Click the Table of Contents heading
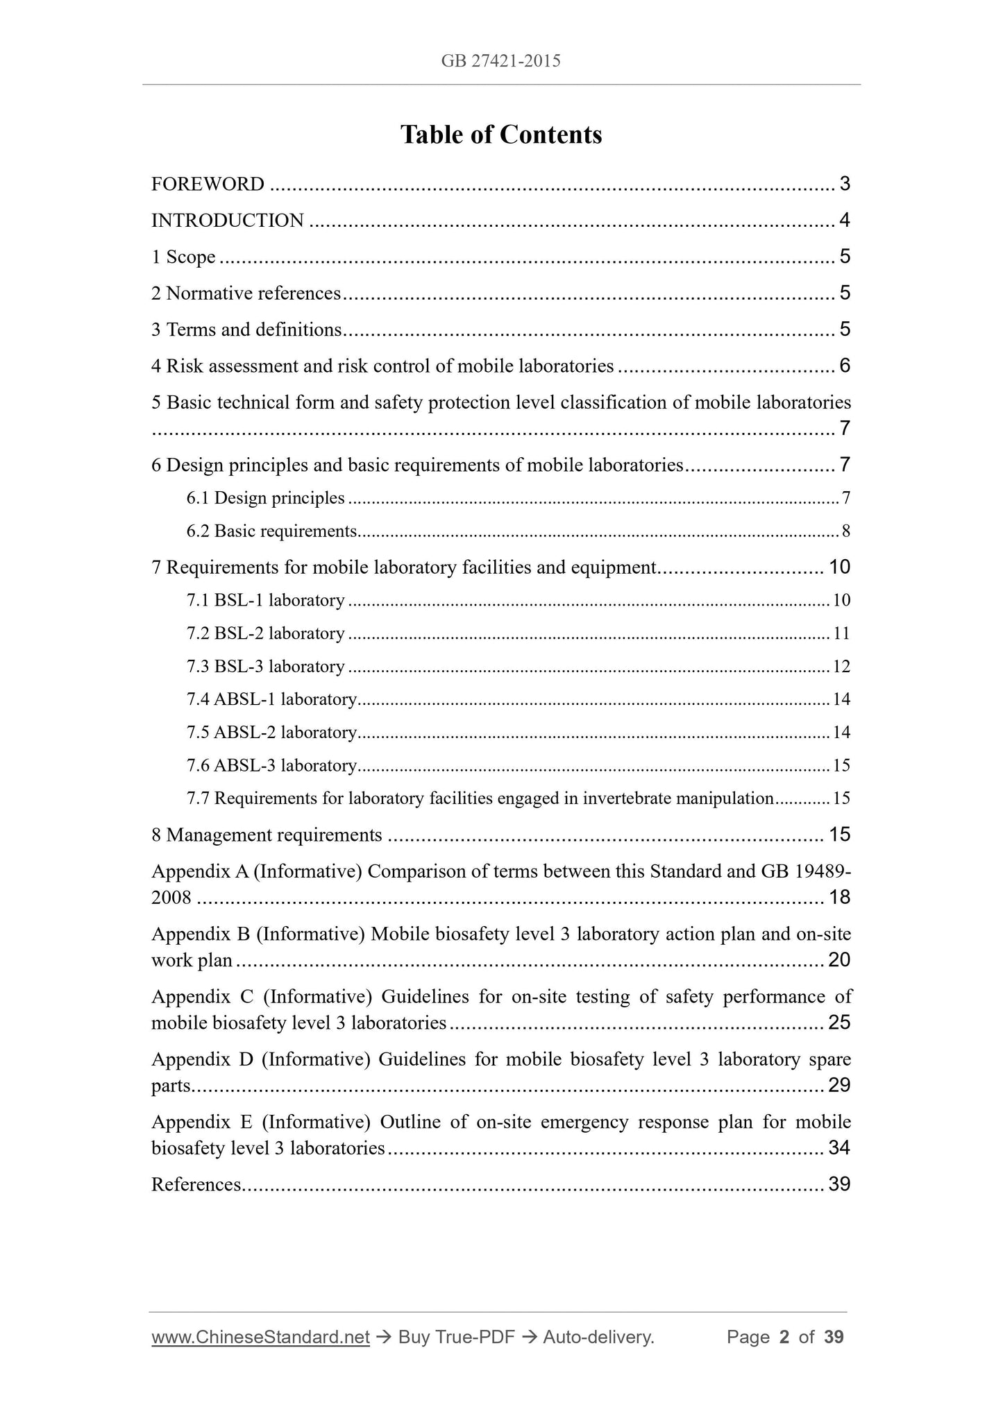[x=500, y=135]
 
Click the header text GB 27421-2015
[x=500, y=61]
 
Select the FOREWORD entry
[x=208, y=185]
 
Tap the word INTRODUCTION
[x=228, y=221]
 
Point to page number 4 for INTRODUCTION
[x=844, y=221]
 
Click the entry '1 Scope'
[x=183, y=257]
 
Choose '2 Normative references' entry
[x=246, y=293]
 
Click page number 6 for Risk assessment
[x=844, y=366]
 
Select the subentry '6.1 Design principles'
[x=265, y=498]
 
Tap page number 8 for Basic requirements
[x=845, y=531]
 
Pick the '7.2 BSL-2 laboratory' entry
[x=265, y=633]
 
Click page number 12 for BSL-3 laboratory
[x=841, y=667]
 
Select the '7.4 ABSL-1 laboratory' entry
[x=271, y=699]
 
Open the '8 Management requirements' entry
[x=267, y=835]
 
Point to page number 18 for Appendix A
[x=839, y=898]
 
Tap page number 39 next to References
[x=839, y=1184]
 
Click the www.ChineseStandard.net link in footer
[x=260, y=1337]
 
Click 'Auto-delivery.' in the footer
[x=598, y=1337]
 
